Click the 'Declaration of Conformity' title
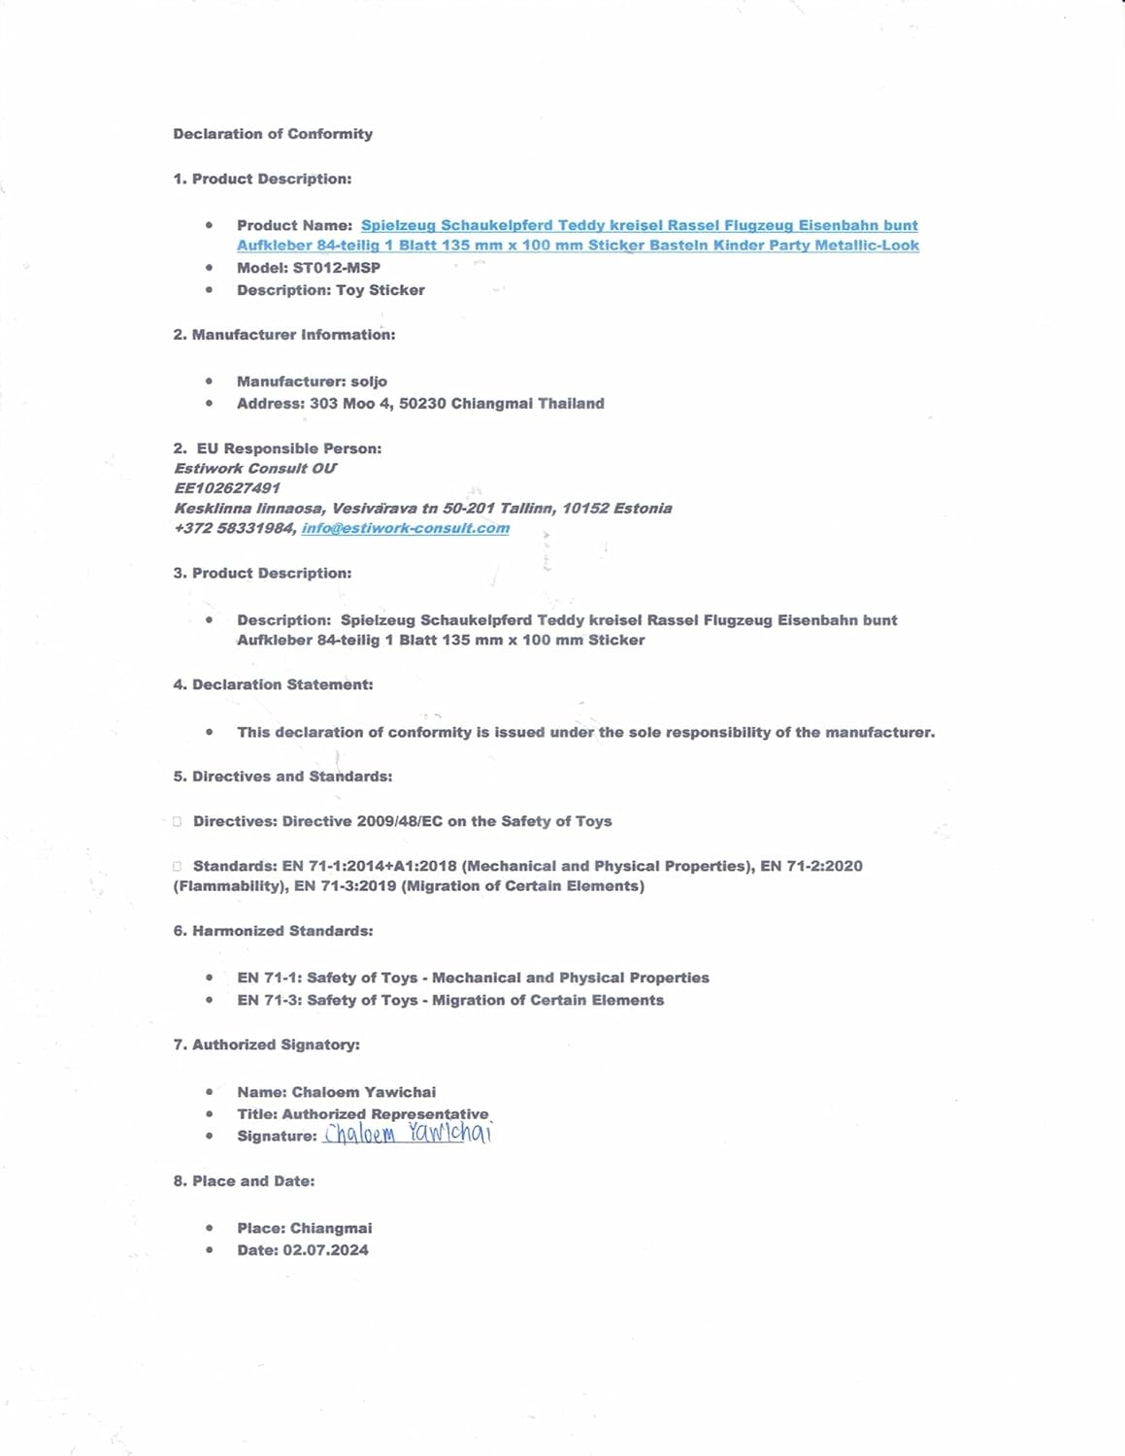[x=273, y=134]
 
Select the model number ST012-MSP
[x=336, y=268]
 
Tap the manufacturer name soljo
[x=369, y=381]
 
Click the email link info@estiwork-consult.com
[x=405, y=528]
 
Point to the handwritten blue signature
[x=408, y=1134]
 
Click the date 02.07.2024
[x=325, y=1250]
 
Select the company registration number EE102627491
[x=227, y=488]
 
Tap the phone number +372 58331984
[x=234, y=528]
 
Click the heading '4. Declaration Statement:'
[x=273, y=685]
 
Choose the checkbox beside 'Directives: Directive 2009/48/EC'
[x=177, y=822]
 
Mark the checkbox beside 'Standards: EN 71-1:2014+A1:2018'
[x=177, y=867]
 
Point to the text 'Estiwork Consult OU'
[x=255, y=468]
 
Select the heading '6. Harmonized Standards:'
[x=273, y=931]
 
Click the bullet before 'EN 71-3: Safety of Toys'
[x=209, y=1000]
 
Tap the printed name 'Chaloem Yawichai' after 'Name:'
[x=363, y=1092]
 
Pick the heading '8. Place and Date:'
[x=244, y=1181]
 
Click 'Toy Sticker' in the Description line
[x=380, y=290]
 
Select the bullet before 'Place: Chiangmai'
[x=209, y=1228]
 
